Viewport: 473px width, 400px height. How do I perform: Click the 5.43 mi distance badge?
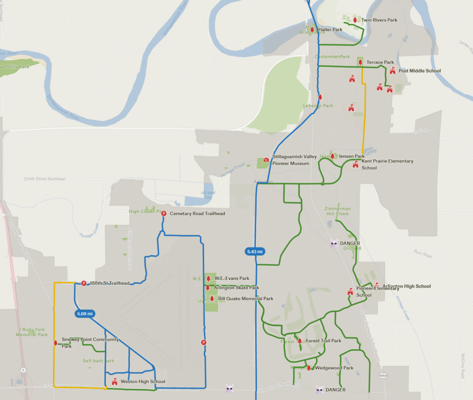[x=255, y=252]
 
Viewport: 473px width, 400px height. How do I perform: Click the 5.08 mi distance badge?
[x=84, y=314]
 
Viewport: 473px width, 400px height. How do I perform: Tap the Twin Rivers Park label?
[x=379, y=20]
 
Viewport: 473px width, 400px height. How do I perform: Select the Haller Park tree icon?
[x=312, y=30]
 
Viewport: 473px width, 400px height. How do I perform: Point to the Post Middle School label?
[x=419, y=71]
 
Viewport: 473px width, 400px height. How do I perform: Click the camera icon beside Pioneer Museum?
[x=266, y=160]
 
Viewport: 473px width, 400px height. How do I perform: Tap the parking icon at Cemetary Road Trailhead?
[x=164, y=213]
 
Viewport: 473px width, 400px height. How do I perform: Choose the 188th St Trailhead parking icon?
[x=84, y=283]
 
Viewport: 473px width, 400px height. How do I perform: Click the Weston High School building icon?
[x=115, y=382]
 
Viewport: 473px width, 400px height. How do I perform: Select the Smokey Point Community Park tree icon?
[x=55, y=343]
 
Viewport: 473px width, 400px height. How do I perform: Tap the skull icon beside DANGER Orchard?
[x=334, y=243]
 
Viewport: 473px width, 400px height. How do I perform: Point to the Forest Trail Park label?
[x=323, y=341]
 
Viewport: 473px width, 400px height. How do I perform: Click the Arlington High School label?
[x=406, y=286]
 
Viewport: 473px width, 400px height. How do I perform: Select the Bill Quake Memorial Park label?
[x=246, y=299]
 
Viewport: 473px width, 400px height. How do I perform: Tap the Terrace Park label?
[x=380, y=62]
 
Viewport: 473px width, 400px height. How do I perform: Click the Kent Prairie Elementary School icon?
[x=355, y=164]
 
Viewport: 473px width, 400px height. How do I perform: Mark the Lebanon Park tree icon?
[x=320, y=97]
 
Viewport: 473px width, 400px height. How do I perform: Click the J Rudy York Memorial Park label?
[x=32, y=332]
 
